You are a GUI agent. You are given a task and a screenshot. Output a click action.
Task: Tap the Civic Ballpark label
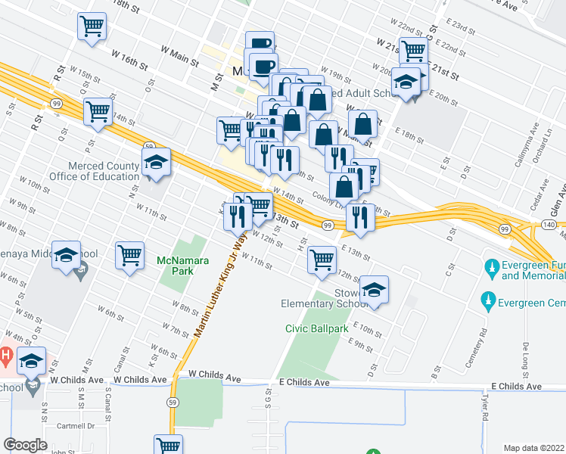316,328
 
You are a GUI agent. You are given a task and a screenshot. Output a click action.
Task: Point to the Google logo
25,445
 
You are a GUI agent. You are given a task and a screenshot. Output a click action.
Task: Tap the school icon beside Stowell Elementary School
373,290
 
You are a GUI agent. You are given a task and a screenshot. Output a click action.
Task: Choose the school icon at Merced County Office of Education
157,163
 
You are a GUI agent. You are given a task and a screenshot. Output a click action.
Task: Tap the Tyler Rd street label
488,399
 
